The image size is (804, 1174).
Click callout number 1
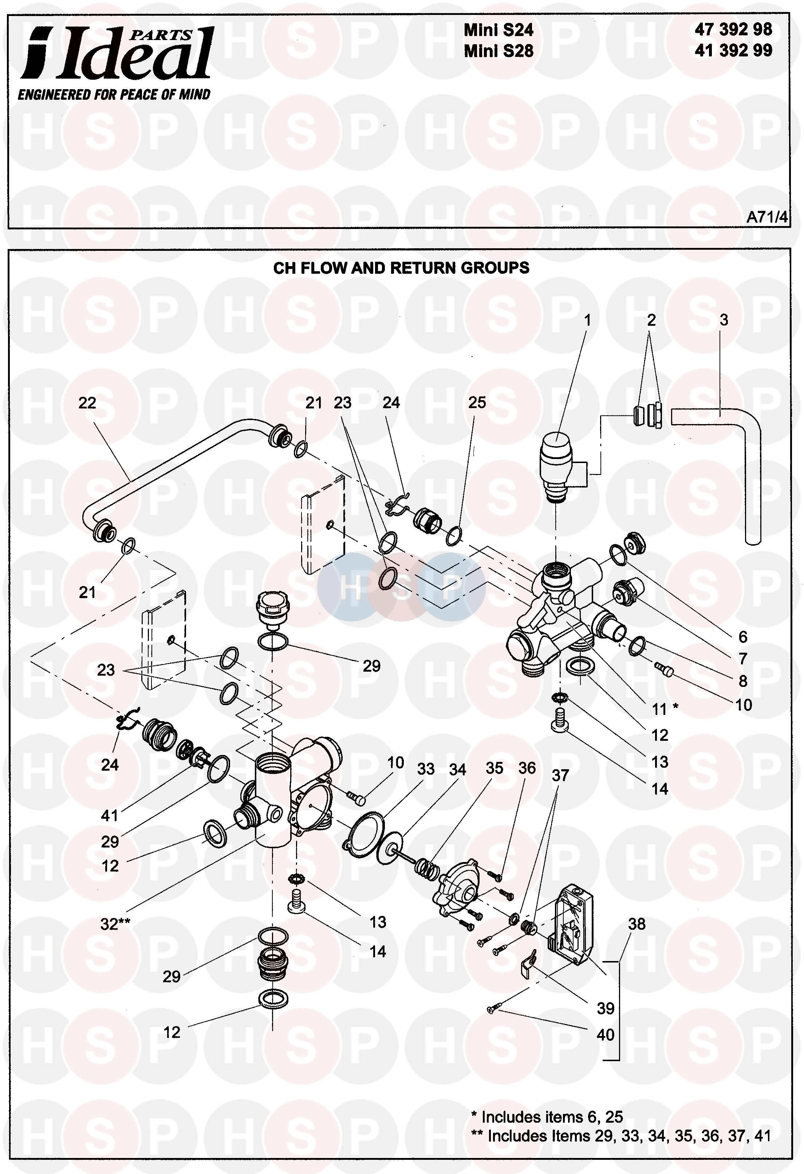[x=587, y=320]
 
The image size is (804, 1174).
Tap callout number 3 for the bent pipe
[x=724, y=320]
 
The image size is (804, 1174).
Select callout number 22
[x=87, y=403]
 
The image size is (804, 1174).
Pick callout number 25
[x=477, y=403]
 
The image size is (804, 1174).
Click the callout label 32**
[x=115, y=924]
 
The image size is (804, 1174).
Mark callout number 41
[x=110, y=815]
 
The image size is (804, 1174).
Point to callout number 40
[x=606, y=1034]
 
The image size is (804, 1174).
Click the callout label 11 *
[x=664, y=709]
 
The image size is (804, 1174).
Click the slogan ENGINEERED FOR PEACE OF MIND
[x=114, y=94]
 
